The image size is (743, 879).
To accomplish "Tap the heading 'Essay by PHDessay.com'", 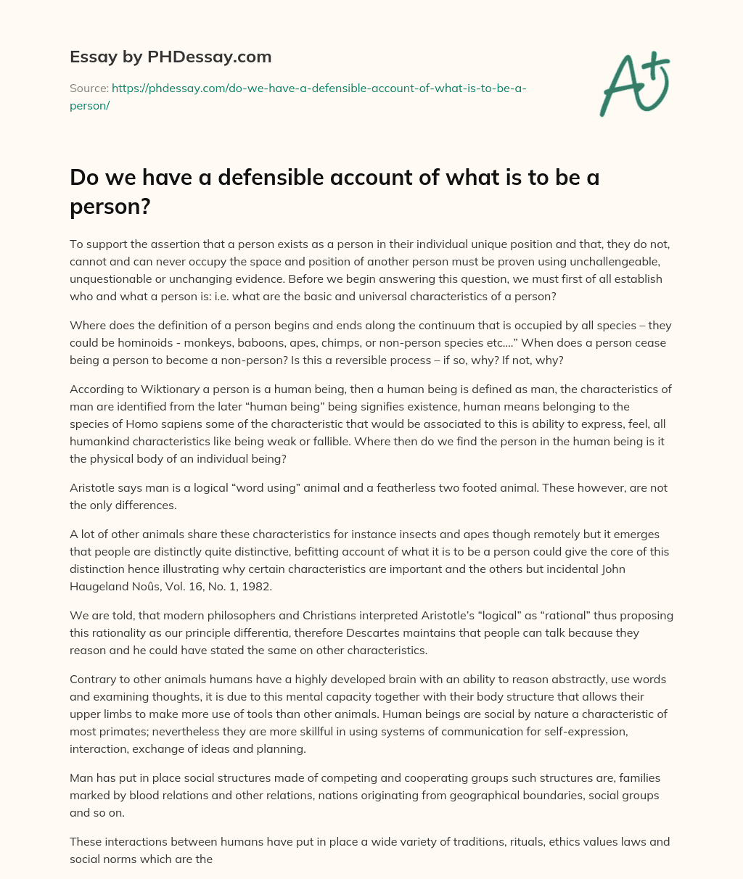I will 171,56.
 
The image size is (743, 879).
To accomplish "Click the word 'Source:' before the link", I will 89,88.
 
